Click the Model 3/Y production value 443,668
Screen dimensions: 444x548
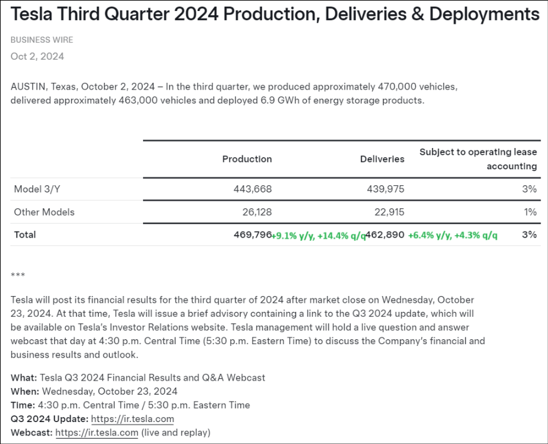click(253, 189)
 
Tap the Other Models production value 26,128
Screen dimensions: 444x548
click(255, 212)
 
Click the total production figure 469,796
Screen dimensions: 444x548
click(253, 234)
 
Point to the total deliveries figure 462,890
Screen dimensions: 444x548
click(385, 234)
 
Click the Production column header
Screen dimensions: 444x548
click(247, 159)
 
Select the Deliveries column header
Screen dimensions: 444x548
click(382, 159)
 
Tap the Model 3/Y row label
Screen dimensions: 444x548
click(37, 189)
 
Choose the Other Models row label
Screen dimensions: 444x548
click(44, 212)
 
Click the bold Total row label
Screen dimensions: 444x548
click(25, 234)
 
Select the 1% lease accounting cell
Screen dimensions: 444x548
click(530, 212)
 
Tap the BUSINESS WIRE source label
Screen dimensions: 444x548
click(41, 40)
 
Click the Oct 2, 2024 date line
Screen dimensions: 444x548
click(37, 56)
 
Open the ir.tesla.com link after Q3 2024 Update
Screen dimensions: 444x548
click(132, 419)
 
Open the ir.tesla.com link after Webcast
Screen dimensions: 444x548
click(97, 433)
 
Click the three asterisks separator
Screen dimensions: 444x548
click(18, 275)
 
